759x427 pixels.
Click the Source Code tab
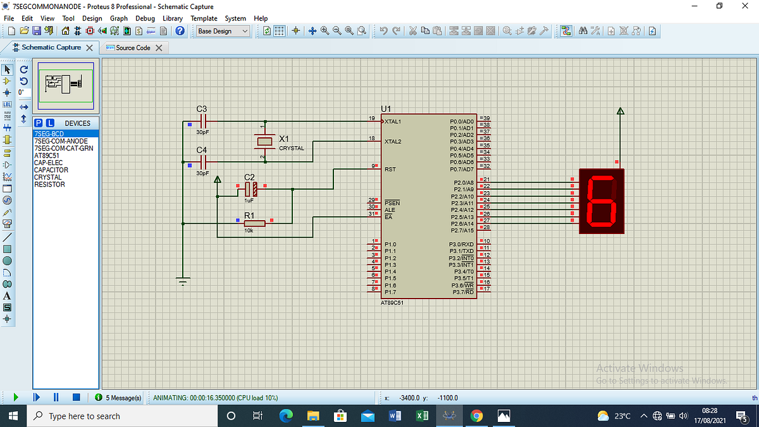pyautogui.click(x=133, y=48)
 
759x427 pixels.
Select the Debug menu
pyautogui.click(x=145, y=18)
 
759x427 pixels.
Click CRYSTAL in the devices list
pyautogui.click(x=47, y=177)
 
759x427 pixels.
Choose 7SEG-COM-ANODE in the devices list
pyautogui.click(x=61, y=141)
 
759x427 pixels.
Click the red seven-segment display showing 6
pyautogui.click(x=601, y=201)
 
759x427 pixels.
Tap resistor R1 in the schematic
pyautogui.click(x=254, y=223)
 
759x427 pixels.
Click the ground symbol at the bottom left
pyautogui.click(x=183, y=281)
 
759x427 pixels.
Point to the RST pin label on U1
pyautogui.click(x=390, y=170)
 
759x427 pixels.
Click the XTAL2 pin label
pyautogui.click(x=393, y=142)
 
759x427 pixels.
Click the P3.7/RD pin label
pyautogui.click(x=461, y=292)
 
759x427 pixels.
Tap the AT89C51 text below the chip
pyautogui.click(x=392, y=303)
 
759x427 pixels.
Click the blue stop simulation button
pyautogui.click(x=76, y=398)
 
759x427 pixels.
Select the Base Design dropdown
pyautogui.click(x=222, y=31)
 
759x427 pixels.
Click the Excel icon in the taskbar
pyautogui.click(x=421, y=416)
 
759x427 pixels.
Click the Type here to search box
pyautogui.click(x=120, y=416)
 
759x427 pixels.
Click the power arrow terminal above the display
pyautogui.click(x=620, y=112)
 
